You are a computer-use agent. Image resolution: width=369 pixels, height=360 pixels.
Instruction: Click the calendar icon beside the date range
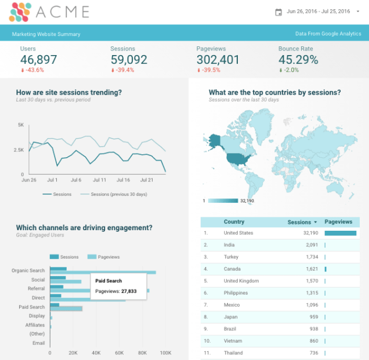[278, 12]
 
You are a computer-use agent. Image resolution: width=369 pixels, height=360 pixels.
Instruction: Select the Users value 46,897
[38, 60]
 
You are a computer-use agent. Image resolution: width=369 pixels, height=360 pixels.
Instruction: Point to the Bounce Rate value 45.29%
[298, 60]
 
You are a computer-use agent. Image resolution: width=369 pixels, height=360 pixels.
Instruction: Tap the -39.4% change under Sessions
[124, 70]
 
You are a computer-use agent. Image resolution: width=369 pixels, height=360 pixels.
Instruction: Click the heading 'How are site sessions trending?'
[69, 92]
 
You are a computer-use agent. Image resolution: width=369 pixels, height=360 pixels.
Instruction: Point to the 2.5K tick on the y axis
[20, 150]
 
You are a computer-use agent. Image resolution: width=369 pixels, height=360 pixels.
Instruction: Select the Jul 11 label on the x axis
[99, 180]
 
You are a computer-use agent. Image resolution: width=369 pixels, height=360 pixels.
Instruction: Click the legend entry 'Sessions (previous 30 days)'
[118, 194]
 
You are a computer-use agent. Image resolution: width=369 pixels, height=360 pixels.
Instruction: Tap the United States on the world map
[237, 158]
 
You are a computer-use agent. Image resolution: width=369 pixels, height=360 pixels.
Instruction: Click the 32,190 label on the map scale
[247, 201]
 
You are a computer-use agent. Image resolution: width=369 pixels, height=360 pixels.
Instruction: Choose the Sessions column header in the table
[299, 222]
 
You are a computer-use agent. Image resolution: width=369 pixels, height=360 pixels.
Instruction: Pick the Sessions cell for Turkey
[310, 257]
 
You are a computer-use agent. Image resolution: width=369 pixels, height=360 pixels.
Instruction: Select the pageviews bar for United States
[341, 233]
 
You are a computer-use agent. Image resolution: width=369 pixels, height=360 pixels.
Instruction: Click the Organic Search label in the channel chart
[28, 271]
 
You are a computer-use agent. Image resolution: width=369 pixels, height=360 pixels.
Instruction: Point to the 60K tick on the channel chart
[119, 352]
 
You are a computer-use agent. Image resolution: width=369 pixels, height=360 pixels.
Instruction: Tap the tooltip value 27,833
[129, 291]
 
